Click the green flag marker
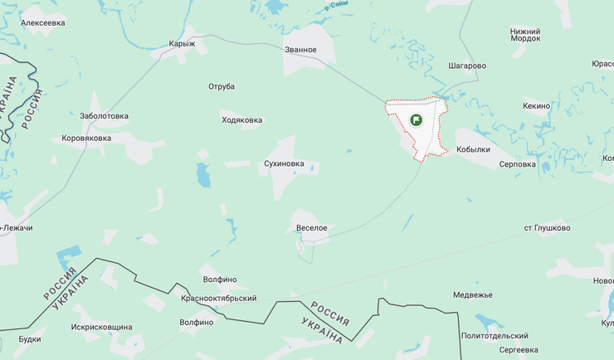click(417, 119)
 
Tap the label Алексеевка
click(43, 23)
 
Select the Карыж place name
click(182, 43)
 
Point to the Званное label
click(300, 50)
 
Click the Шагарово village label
click(467, 66)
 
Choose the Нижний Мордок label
click(525, 35)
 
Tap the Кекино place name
click(537, 106)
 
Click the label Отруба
click(222, 86)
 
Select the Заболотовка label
click(104, 116)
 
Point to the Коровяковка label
click(86, 138)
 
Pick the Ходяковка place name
click(242, 120)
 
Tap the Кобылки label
click(473, 150)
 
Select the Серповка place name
click(518, 164)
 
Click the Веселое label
click(312, 227)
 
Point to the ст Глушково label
click(547, 227)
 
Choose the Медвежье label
click(473, 294)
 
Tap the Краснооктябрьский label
click(218, 298)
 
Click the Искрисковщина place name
click(101, 327)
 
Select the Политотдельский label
click(495, 336)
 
